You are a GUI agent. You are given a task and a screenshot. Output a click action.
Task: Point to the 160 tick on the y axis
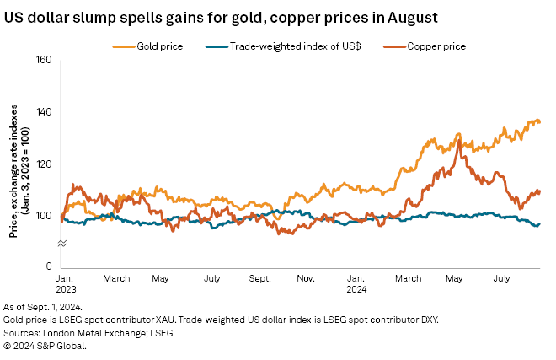point(45,61)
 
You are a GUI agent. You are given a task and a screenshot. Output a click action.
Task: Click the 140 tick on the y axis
point(45,112)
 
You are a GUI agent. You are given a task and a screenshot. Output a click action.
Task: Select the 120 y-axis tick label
point(45,164)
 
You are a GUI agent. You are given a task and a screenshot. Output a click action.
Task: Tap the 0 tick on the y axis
point(49,266)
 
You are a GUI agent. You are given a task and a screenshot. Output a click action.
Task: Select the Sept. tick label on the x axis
point(259,277)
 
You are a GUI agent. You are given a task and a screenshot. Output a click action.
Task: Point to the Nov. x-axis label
point(307,277)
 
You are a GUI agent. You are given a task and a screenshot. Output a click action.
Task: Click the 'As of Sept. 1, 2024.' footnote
point(50,308)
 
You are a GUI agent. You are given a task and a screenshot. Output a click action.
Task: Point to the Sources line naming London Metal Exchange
point(100,333)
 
